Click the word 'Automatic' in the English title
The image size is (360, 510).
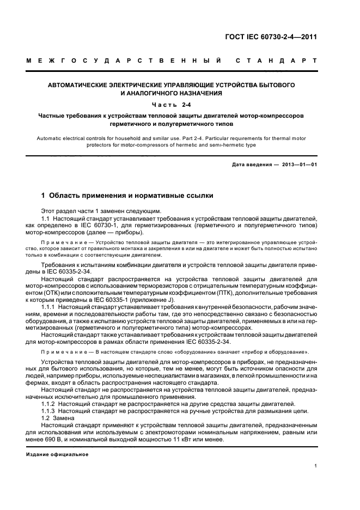click(51, 138)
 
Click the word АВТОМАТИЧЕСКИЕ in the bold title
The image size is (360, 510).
click(80, 86)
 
